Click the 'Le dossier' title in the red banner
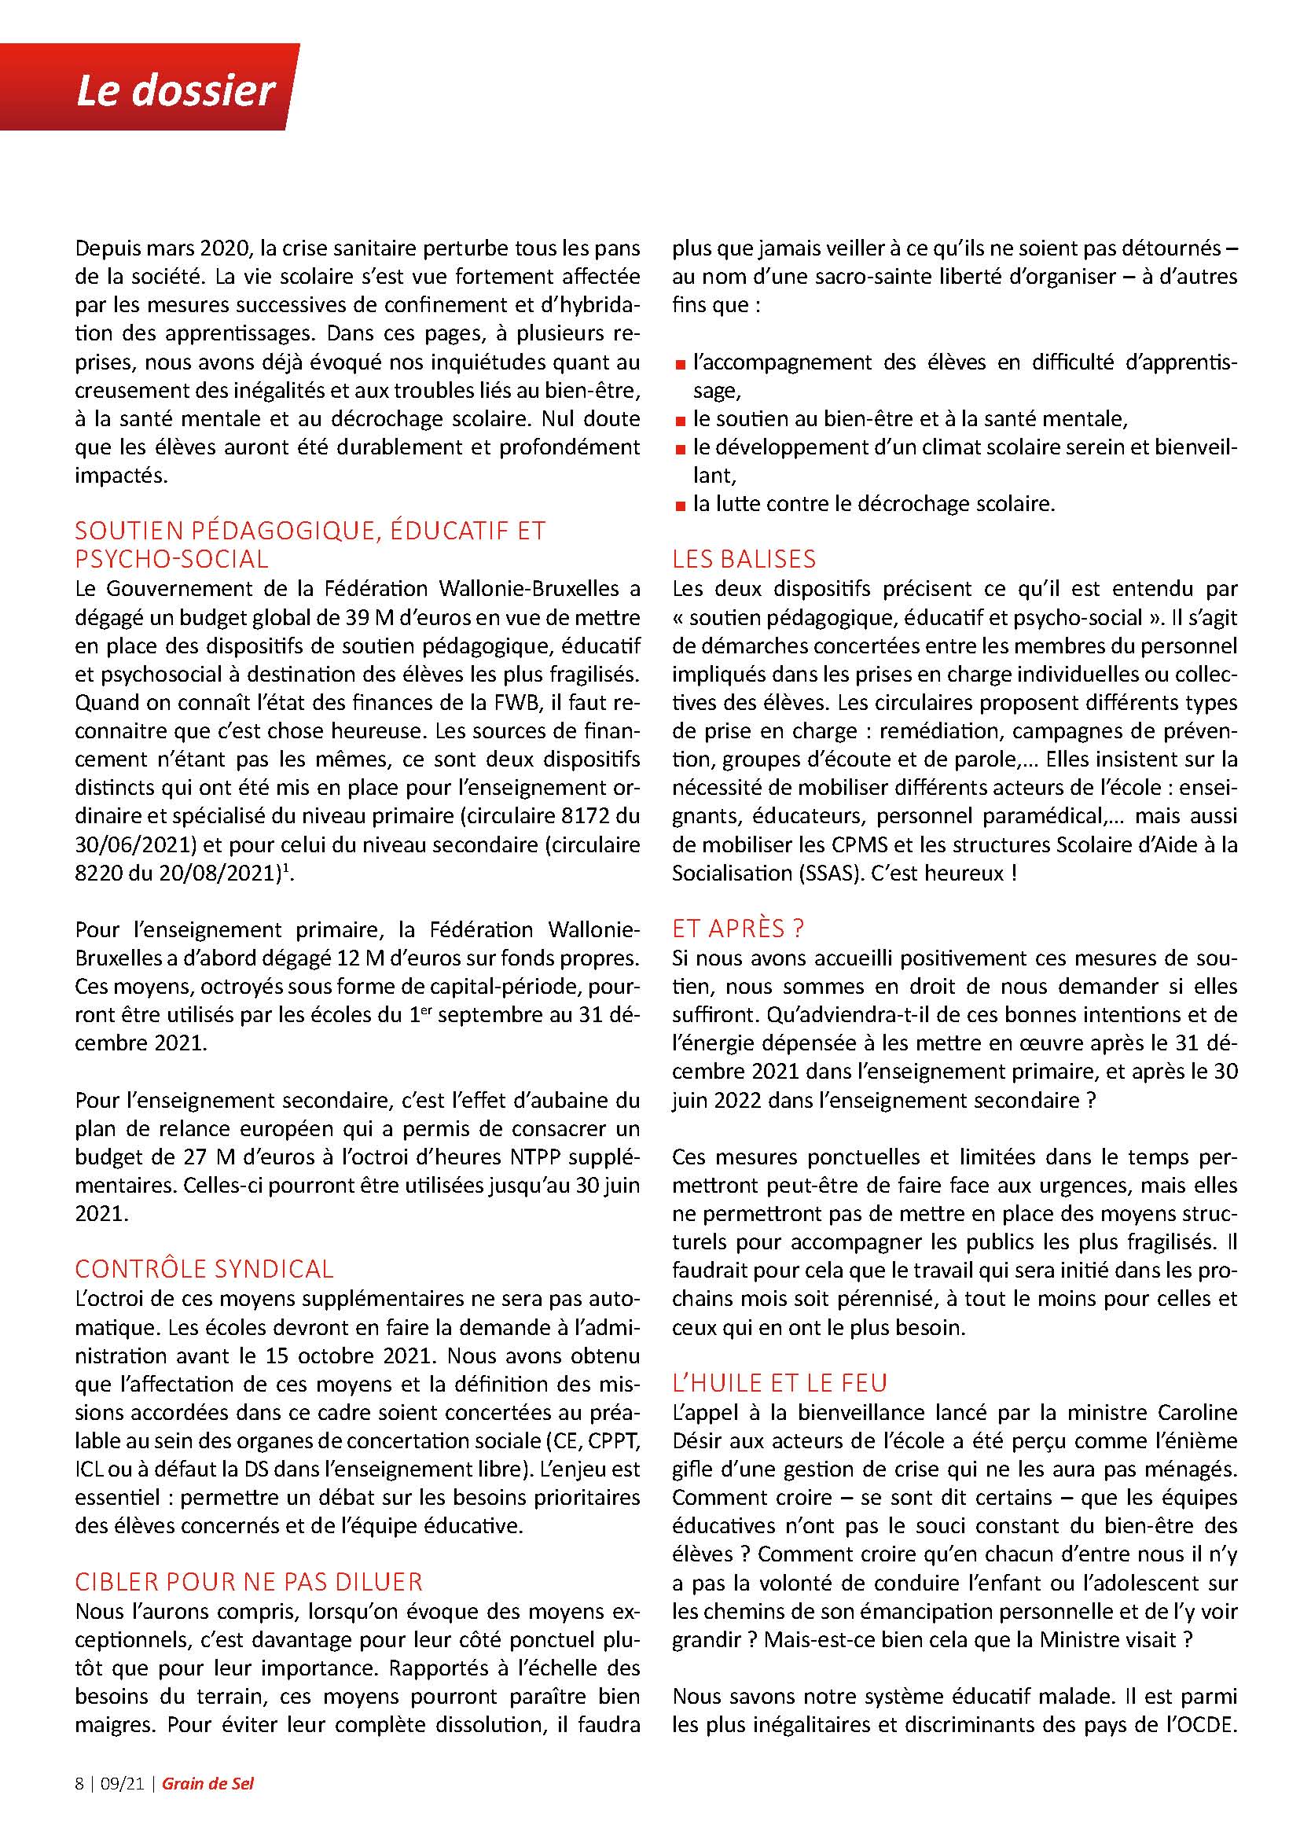coord(175,92)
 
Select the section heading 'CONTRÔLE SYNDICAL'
coord(204,1269)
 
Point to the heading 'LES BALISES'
coord(744,558)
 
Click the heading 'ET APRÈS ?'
coord(738,928)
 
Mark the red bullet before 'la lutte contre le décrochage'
coord(680,506)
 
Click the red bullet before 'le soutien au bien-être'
coord(680,421)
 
